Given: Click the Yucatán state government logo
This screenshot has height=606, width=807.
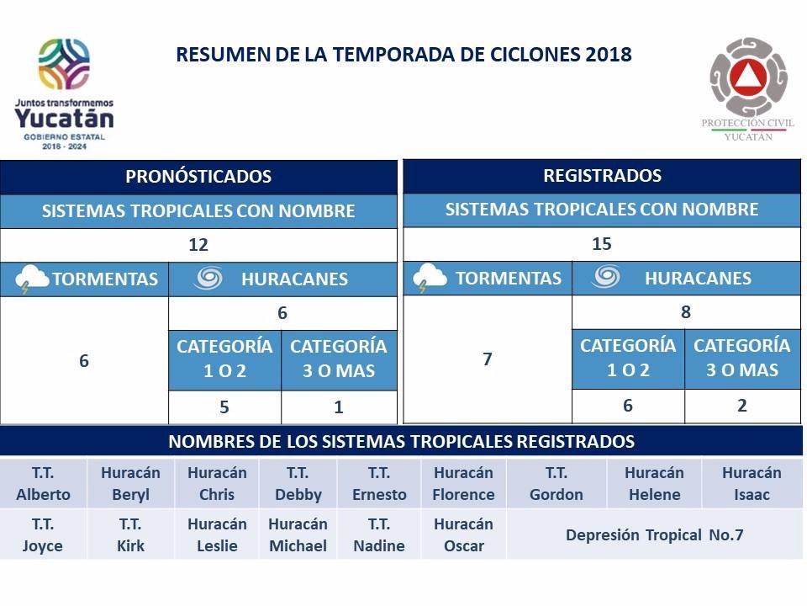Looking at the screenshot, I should (x=64, y=93).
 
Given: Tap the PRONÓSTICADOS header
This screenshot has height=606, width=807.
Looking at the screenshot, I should (x=198, y=177).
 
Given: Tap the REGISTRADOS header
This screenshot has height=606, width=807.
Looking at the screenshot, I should (x=602, y=176).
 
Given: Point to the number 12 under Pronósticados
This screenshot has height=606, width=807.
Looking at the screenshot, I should (x=198, y=246).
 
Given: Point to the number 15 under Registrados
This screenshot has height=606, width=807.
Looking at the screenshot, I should (x=602, y=244).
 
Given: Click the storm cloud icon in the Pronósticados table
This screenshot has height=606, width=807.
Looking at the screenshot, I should (x=32, y=279).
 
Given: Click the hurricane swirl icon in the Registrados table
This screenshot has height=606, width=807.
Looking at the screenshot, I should (x=605, y=277).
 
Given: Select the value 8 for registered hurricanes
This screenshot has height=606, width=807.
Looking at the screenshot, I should (x=686, y=312).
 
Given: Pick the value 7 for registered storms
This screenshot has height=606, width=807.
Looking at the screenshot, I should (x=488, y=359).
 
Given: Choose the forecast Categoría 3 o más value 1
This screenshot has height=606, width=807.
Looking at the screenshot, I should (x=339, y=408).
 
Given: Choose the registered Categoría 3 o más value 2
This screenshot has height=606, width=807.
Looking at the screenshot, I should (x=742, y=406).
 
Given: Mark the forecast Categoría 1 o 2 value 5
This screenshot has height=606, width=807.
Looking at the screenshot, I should (x=224, y=408).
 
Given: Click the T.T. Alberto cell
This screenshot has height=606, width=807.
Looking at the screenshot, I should (x=43, y=484).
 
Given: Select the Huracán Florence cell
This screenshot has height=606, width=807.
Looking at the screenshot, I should (x=463, y=484).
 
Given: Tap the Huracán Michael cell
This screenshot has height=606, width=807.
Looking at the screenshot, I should (x=297, y=535).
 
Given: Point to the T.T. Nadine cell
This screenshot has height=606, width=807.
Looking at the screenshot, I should (x=378, y=535).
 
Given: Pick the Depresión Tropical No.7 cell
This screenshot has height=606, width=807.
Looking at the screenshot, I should (x=654, y=535).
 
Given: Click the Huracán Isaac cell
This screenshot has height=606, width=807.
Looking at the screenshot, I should (x=752, y=484).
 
